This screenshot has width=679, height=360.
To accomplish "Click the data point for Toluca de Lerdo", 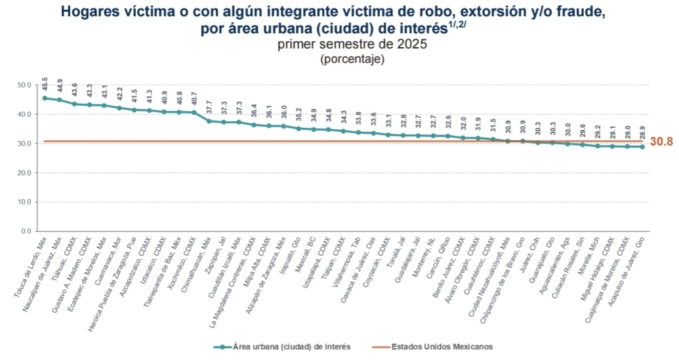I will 45,98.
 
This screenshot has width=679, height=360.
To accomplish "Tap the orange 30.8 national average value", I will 662,142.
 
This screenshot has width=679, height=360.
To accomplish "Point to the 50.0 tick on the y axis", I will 23,85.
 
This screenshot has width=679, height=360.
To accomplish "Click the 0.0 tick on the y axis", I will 25,231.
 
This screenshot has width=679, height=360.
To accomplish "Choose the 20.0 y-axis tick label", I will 23,173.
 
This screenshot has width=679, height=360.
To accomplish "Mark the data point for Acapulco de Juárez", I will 642,147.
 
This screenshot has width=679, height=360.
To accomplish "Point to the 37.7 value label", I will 209,106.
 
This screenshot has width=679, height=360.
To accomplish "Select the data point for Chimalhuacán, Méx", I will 209,121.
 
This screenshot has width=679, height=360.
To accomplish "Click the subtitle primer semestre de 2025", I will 352,45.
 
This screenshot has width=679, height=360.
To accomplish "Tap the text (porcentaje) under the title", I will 352,59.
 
